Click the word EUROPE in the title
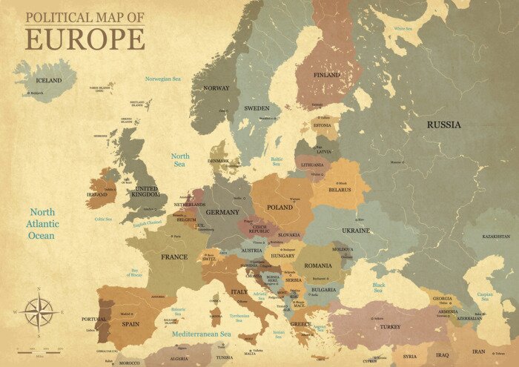pyautogui.click(x=85, y=39)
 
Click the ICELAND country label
pyautogui.click(x=49, y=80)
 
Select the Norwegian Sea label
pyautogui.click(x=163, y=79)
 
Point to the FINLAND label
pyautogui.click(x=327, y=75)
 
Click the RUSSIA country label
pyautogui.click(x=443, y=125)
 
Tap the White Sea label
pyautogui.click(x=403, y=29)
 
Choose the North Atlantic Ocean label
pyautogui.click(x=42, y=224)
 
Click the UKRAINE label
pyautogui.click(x=355, y=231)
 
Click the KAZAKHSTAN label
pyautogui.click(x=495, y=237)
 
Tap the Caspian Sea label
pyautogui.click(x=485, y=297)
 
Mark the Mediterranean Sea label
pyautogui.click(x=202, y=334)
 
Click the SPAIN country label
pyautogui.click(x=130, y=324)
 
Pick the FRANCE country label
pyautogui.click(x=174, y=257)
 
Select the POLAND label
pyautogui.click(x=280, y=208)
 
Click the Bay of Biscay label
pyautogui.click(x=134, y=274)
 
